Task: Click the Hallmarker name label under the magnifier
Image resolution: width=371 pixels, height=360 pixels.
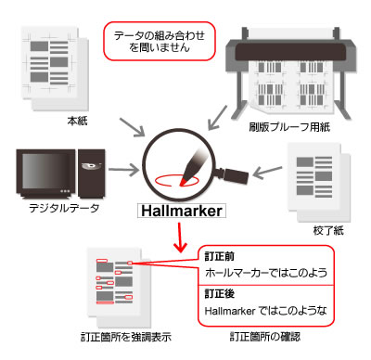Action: pyautogui.click(x=182, y=211)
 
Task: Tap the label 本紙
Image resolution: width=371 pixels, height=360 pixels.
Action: pyautogui.click(x=77, y=121)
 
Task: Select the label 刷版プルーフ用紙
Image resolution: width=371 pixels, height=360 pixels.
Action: pyautogui.click(x=289, y=127)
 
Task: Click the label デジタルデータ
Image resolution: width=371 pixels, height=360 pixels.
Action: pyautogui.click(x=64, y=208)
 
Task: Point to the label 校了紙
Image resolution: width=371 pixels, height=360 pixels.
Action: pyautogui.click(x=328, y=230)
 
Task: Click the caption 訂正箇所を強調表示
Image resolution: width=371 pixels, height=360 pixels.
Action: pyautogui.click(x=126, y=337)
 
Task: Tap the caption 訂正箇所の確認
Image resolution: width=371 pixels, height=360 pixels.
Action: pyautogui.click(x=265, y=337)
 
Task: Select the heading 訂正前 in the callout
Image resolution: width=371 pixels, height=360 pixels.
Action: pyautogui.click(x=220, y=256)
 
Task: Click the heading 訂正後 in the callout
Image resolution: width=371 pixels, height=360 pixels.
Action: pyautogui.click(x=220, y=293)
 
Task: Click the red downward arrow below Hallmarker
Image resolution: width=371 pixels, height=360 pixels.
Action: pyautogui.click(x=180, y=237)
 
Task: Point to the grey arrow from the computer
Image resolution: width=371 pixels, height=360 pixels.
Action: pyautogui.click(x=123, y=170)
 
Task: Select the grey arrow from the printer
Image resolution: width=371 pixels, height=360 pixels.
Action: pyautogui.click(x=218, y=118)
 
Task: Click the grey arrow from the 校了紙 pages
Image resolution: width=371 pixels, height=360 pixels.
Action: pyautogui.click(x=268, y=173)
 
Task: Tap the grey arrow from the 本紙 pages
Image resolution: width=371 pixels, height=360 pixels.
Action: pyautogui.click(x=133, y=127)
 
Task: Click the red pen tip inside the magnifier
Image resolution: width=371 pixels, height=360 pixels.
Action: pyautogui.click(x=184, y=182)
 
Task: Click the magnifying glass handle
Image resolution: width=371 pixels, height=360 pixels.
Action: pyautogui.click(x=234, y=175)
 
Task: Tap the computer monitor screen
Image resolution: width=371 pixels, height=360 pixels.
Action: pyautogui.click(x=45, y=171)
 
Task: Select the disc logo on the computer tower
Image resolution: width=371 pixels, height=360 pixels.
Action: pyautogui.click(x=92, y=166)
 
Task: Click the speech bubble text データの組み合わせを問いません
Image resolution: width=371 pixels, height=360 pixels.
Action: pyautogui.click(x=160, y=41)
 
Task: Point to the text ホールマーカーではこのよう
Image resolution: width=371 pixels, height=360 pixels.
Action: pyautogui.click(x=266, y=273)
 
